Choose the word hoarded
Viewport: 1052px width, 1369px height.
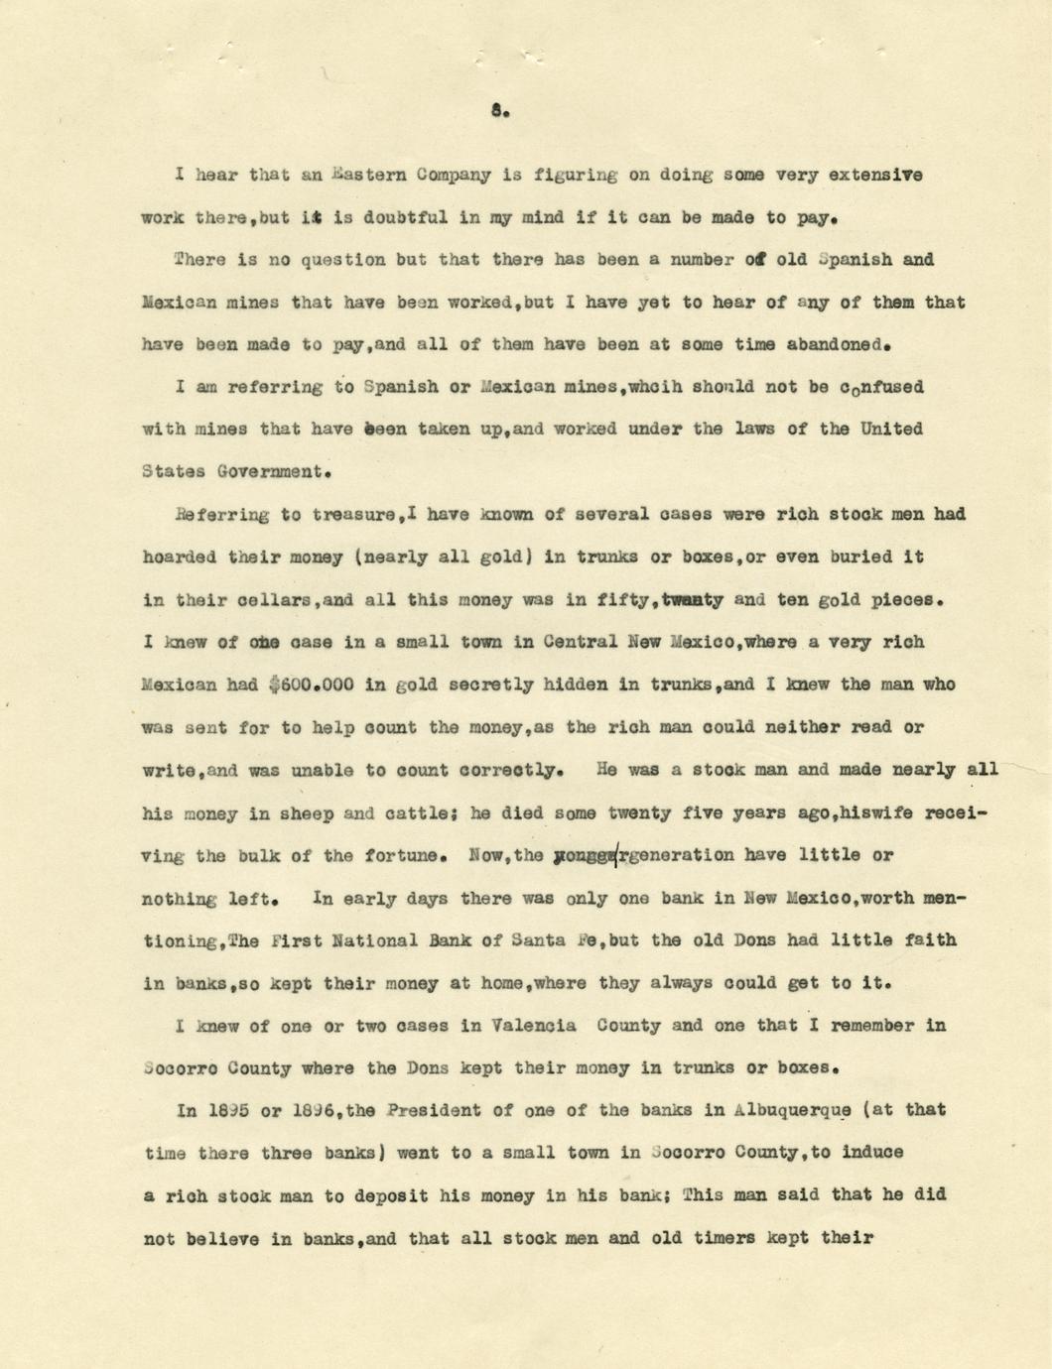click(179, 558)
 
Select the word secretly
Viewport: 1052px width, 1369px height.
click(499, 684)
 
